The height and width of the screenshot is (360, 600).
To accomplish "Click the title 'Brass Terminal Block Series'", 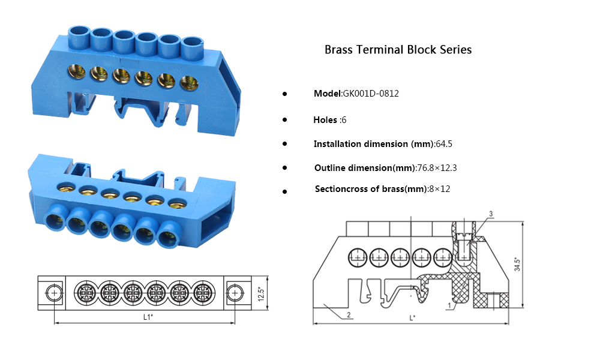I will pyautogui.click(x=398, y=50).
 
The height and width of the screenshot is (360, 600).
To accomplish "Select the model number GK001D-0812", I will pyautogui.click(x=371, y=94).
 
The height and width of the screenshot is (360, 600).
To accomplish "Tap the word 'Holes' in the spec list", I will pyautogui.click(x=325, y=120).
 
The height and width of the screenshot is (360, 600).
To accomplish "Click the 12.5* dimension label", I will pyautogui.click(x=261, y=293).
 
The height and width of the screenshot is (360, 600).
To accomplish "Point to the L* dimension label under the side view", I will pyautogui.click(x=412, y=317).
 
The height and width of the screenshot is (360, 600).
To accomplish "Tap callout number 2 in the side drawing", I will pyautogui.click(x=348, y=314).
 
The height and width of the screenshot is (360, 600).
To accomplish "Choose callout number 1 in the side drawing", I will pyautogui.click(x=449, y=306).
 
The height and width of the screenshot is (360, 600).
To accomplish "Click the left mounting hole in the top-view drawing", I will pyautogui.click(x=55, y=293).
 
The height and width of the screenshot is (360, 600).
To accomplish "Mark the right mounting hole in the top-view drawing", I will pyautogui.click(x=235, y=293).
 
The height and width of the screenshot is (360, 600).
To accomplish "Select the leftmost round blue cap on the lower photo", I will pyautogui.click(x=56, y=223).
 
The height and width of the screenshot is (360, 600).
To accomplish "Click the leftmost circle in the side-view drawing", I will pyautogui.click(x=358, y=257).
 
